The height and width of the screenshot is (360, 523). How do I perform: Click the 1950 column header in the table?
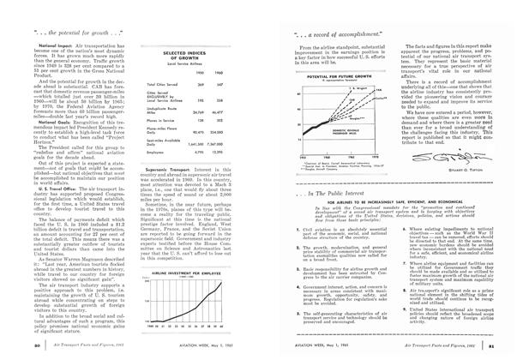(x=199, y=73)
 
